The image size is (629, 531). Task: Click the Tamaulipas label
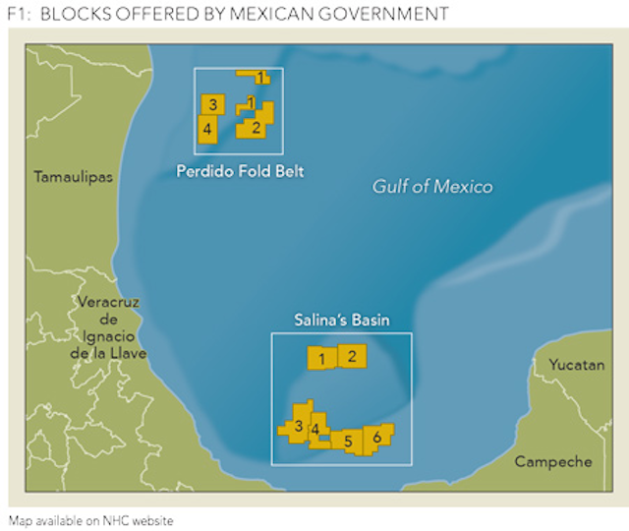(73, 177)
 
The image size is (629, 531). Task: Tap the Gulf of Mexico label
(432, 186)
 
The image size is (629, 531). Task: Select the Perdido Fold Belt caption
(240, 171)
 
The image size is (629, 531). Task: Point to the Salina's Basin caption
(342, 320)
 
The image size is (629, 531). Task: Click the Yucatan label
(576, 365)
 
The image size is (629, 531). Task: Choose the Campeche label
(553, 461)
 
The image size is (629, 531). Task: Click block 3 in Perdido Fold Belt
(212, 103)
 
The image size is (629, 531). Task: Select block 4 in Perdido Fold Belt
(207, 128)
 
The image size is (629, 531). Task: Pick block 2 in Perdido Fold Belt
(256, 127)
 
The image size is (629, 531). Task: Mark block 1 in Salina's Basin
(321, 359)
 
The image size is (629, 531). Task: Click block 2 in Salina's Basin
(352, 356)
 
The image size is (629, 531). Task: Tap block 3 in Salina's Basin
(298, 426)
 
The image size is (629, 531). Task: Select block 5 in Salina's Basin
(348, 442)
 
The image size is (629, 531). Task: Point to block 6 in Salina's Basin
(376, 436)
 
